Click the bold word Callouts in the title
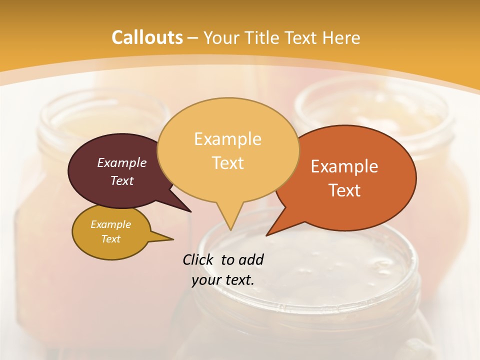click(147, 37)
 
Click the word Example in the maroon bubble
click(122, 163)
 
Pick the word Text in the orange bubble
click(344, 190)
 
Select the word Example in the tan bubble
click(227, 139)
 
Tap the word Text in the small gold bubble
click(111, 239)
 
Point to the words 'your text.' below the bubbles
click(223, 280)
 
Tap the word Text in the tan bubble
click(227, 163)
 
